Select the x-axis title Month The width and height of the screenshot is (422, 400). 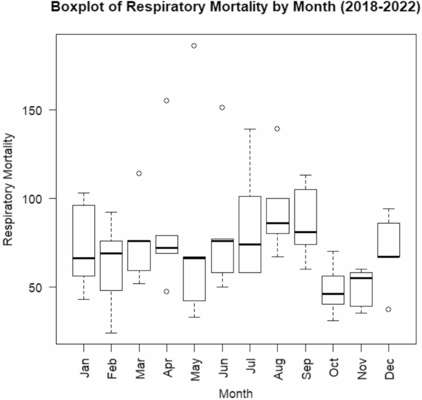[237, 392]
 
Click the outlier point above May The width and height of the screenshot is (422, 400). [194, 46]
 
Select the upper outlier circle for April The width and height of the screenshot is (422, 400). [166, 100]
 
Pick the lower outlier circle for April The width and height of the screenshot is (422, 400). [166, 291]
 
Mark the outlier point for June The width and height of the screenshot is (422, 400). [222, 107]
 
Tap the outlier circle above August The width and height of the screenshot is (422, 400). [277, 129]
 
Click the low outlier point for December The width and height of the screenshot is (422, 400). [388, 309]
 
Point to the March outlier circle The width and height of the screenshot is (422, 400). [139, 173]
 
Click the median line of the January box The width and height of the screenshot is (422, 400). [83, 258]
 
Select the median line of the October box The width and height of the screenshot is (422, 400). [333, 293]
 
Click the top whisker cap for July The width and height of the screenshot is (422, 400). [250, 129]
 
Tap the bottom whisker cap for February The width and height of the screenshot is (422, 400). [111, 333]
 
